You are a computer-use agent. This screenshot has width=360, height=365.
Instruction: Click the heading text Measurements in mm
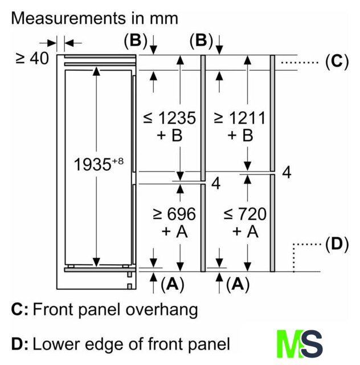coord(95,18)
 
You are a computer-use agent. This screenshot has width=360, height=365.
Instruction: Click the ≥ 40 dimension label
coord(31,58)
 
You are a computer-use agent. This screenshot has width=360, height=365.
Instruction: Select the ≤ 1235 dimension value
coord(169,118)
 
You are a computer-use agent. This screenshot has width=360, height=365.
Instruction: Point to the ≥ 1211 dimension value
coord(239,118)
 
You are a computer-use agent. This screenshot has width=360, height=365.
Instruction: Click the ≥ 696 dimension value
coord(174,214)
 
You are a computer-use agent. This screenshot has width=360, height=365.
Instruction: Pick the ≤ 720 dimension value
coord(244,214)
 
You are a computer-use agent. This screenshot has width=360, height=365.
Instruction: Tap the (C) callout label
coord(337,62)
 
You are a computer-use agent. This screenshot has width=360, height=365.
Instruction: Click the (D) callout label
coord(337,245)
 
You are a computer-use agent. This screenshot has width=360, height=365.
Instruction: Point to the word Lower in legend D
coord(55,344)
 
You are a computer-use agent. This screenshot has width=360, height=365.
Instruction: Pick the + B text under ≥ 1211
coord(239,136)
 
